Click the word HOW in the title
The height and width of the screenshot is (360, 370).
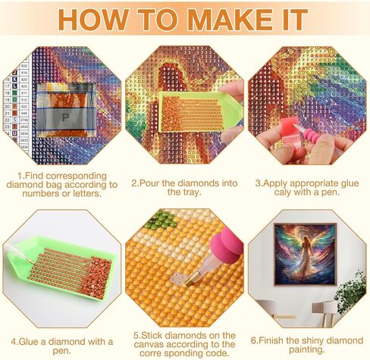100,19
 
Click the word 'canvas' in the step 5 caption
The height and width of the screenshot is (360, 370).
155,342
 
